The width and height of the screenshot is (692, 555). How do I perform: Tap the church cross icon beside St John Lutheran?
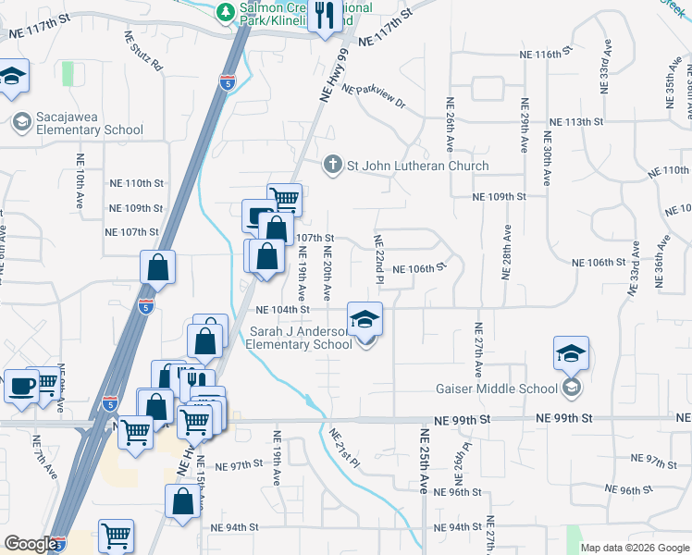tap(333, 166)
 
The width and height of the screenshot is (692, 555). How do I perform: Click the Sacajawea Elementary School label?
tap(78, 124)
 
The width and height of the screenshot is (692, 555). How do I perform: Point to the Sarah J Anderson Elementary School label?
tap(299, 337)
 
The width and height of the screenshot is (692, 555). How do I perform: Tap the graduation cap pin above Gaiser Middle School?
tap(572, 353)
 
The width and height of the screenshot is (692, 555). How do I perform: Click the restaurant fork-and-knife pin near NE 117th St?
tap(324, 16)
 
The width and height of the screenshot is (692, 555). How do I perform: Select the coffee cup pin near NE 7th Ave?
tap(20, 387)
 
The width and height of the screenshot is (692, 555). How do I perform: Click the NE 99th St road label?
tap(565, 419)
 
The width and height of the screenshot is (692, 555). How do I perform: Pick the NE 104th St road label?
tap(281, 310)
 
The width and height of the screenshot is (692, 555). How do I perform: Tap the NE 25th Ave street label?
tap(425, 460)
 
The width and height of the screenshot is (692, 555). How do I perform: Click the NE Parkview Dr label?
tap(374, 96)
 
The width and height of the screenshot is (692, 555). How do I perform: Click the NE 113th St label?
tap(575, 122)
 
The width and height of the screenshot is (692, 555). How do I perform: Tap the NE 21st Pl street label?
tap(343, 448)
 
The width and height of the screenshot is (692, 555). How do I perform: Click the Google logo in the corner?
tap(31, 544)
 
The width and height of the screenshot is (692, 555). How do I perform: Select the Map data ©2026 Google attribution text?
tap(635, 548)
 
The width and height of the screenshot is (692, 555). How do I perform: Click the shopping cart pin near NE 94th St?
tap(116, 536)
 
